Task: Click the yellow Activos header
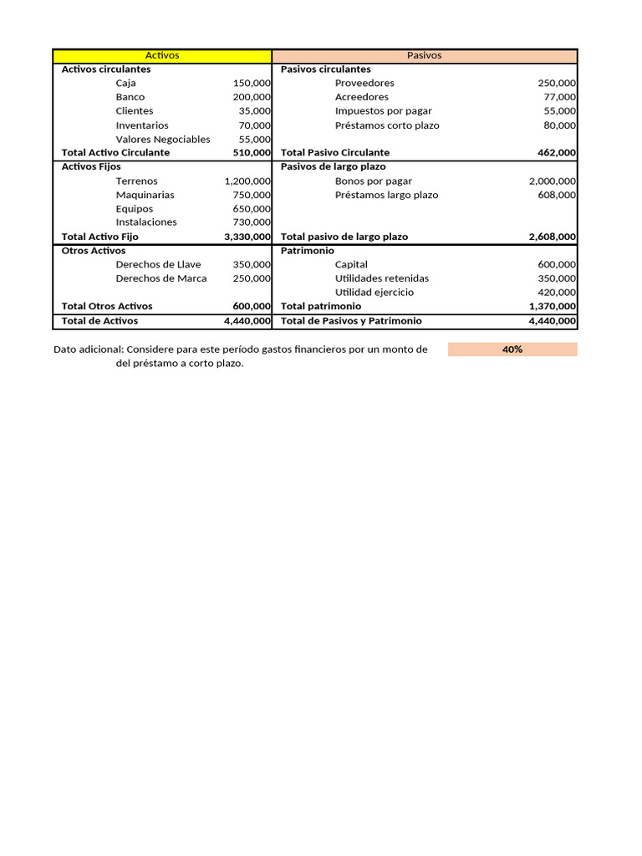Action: [162, 55]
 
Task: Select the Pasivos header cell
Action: [425, 55]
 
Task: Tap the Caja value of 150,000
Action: [252, 83]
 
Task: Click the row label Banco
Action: [130, 97]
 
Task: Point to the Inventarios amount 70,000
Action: [255, 125]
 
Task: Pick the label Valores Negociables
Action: [163, 139]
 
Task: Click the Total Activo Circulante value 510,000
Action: [252, 153]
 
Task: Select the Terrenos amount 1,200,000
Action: [247, 181]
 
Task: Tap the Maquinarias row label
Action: [145, 195]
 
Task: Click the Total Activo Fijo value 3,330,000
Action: [247, 237]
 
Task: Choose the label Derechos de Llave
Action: [158, 264]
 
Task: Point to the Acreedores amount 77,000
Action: [559, 97]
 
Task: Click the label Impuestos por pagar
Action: [383, 111]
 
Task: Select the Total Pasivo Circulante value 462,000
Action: [556, 153]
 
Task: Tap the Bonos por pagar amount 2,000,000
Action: [552, 181]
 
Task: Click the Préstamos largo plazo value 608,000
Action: [556, 195]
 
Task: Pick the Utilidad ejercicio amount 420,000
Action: [556, 293]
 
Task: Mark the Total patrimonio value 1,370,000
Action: [552, 306]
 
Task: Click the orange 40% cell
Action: [512, 349]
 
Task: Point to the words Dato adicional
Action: [88, 349]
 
